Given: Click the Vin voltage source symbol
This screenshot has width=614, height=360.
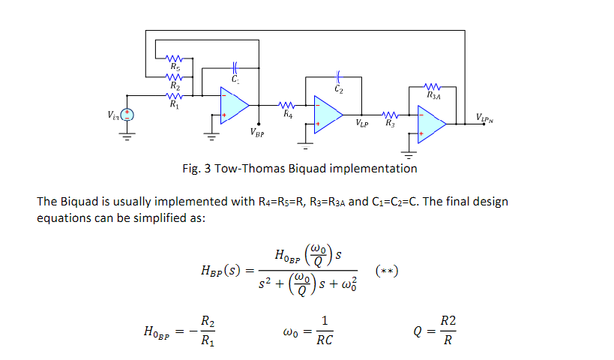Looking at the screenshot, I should coord(127,115).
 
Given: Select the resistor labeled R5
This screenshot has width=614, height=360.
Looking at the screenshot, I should coord(175,58).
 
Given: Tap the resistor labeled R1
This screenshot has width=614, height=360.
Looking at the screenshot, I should coord(175,95).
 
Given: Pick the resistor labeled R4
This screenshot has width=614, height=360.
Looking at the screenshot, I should coord(287,106).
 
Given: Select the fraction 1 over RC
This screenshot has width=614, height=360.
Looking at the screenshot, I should coord(325,330).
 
